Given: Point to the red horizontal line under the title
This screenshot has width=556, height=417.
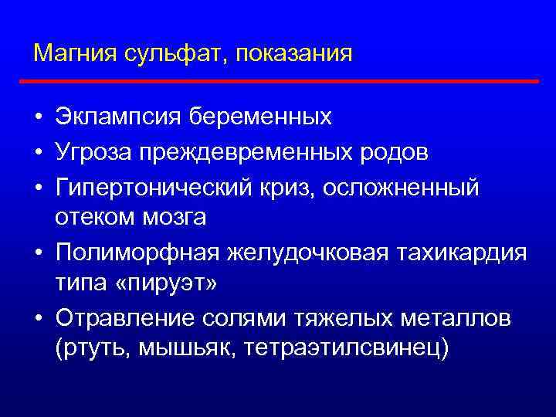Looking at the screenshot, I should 278,80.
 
